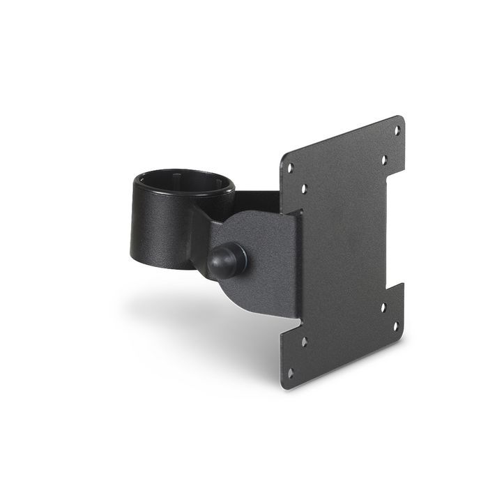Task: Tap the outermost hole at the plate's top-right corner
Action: (397, 130)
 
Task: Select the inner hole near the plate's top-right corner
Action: (383, 160)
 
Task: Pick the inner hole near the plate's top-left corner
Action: (304, 188)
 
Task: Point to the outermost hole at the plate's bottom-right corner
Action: (396, 326)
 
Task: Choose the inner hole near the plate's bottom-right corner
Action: (383, 307)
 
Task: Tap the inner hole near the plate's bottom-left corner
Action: (304, 342)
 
